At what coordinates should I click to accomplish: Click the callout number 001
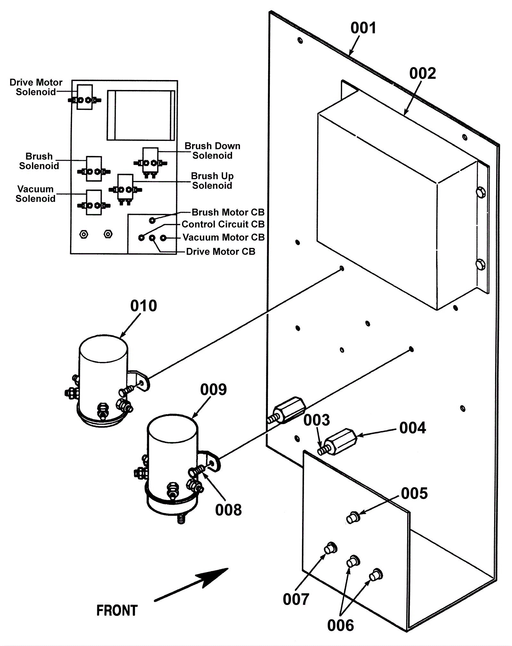tap(363, 28)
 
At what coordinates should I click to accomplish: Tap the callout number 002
tap(422, 74)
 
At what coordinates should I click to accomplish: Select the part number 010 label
tap(143, 306)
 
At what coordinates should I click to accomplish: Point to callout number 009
tap(213, 390)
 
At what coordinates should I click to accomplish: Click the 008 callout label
tap(228, 510)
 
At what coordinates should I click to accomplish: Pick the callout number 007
tap(296, 599)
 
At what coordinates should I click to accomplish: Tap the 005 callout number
tap(414, 494)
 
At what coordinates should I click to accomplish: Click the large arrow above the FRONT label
tap(192, 585)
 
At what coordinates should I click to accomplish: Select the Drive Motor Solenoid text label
tap(36, 87)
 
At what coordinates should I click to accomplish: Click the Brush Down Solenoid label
tap(212, 151)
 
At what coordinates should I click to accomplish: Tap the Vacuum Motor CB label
tap(224, 237)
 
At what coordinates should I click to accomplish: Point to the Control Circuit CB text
tap(223, 224)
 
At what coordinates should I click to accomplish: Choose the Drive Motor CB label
tap(221, 251)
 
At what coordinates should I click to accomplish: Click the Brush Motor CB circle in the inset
tap(152, 220)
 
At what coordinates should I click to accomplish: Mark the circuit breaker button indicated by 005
tap(353, 517)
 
